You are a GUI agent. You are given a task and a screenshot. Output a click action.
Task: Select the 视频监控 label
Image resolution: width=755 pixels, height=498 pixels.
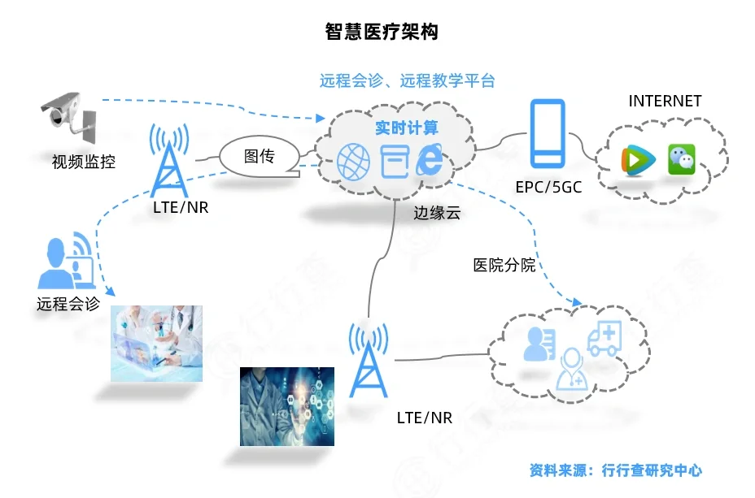coord(84,162)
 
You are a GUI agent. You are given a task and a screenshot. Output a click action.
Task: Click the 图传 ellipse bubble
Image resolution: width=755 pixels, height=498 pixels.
coord(260,155)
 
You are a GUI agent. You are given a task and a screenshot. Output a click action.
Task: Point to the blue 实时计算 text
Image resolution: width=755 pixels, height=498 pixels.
coord(406,128)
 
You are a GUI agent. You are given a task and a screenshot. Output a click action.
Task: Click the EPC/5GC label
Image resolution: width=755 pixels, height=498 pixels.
coord(548,186)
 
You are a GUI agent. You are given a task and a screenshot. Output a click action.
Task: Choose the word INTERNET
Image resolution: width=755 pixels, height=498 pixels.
coord(665,102)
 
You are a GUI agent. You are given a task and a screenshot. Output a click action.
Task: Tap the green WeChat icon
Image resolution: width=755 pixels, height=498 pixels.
coord(682,159)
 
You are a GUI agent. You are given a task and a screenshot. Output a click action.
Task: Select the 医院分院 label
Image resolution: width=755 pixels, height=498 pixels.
coord(504,265)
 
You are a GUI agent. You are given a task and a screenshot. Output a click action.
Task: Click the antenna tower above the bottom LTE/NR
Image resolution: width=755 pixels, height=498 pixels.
coord(369,362)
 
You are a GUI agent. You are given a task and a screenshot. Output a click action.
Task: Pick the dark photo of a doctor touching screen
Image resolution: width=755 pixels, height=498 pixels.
coord(287,406)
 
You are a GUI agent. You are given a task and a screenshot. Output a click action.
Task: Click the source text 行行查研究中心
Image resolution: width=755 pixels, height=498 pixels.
coord(652,470)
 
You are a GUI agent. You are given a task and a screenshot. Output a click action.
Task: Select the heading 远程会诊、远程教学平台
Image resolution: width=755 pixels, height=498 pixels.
coord(407,80)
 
